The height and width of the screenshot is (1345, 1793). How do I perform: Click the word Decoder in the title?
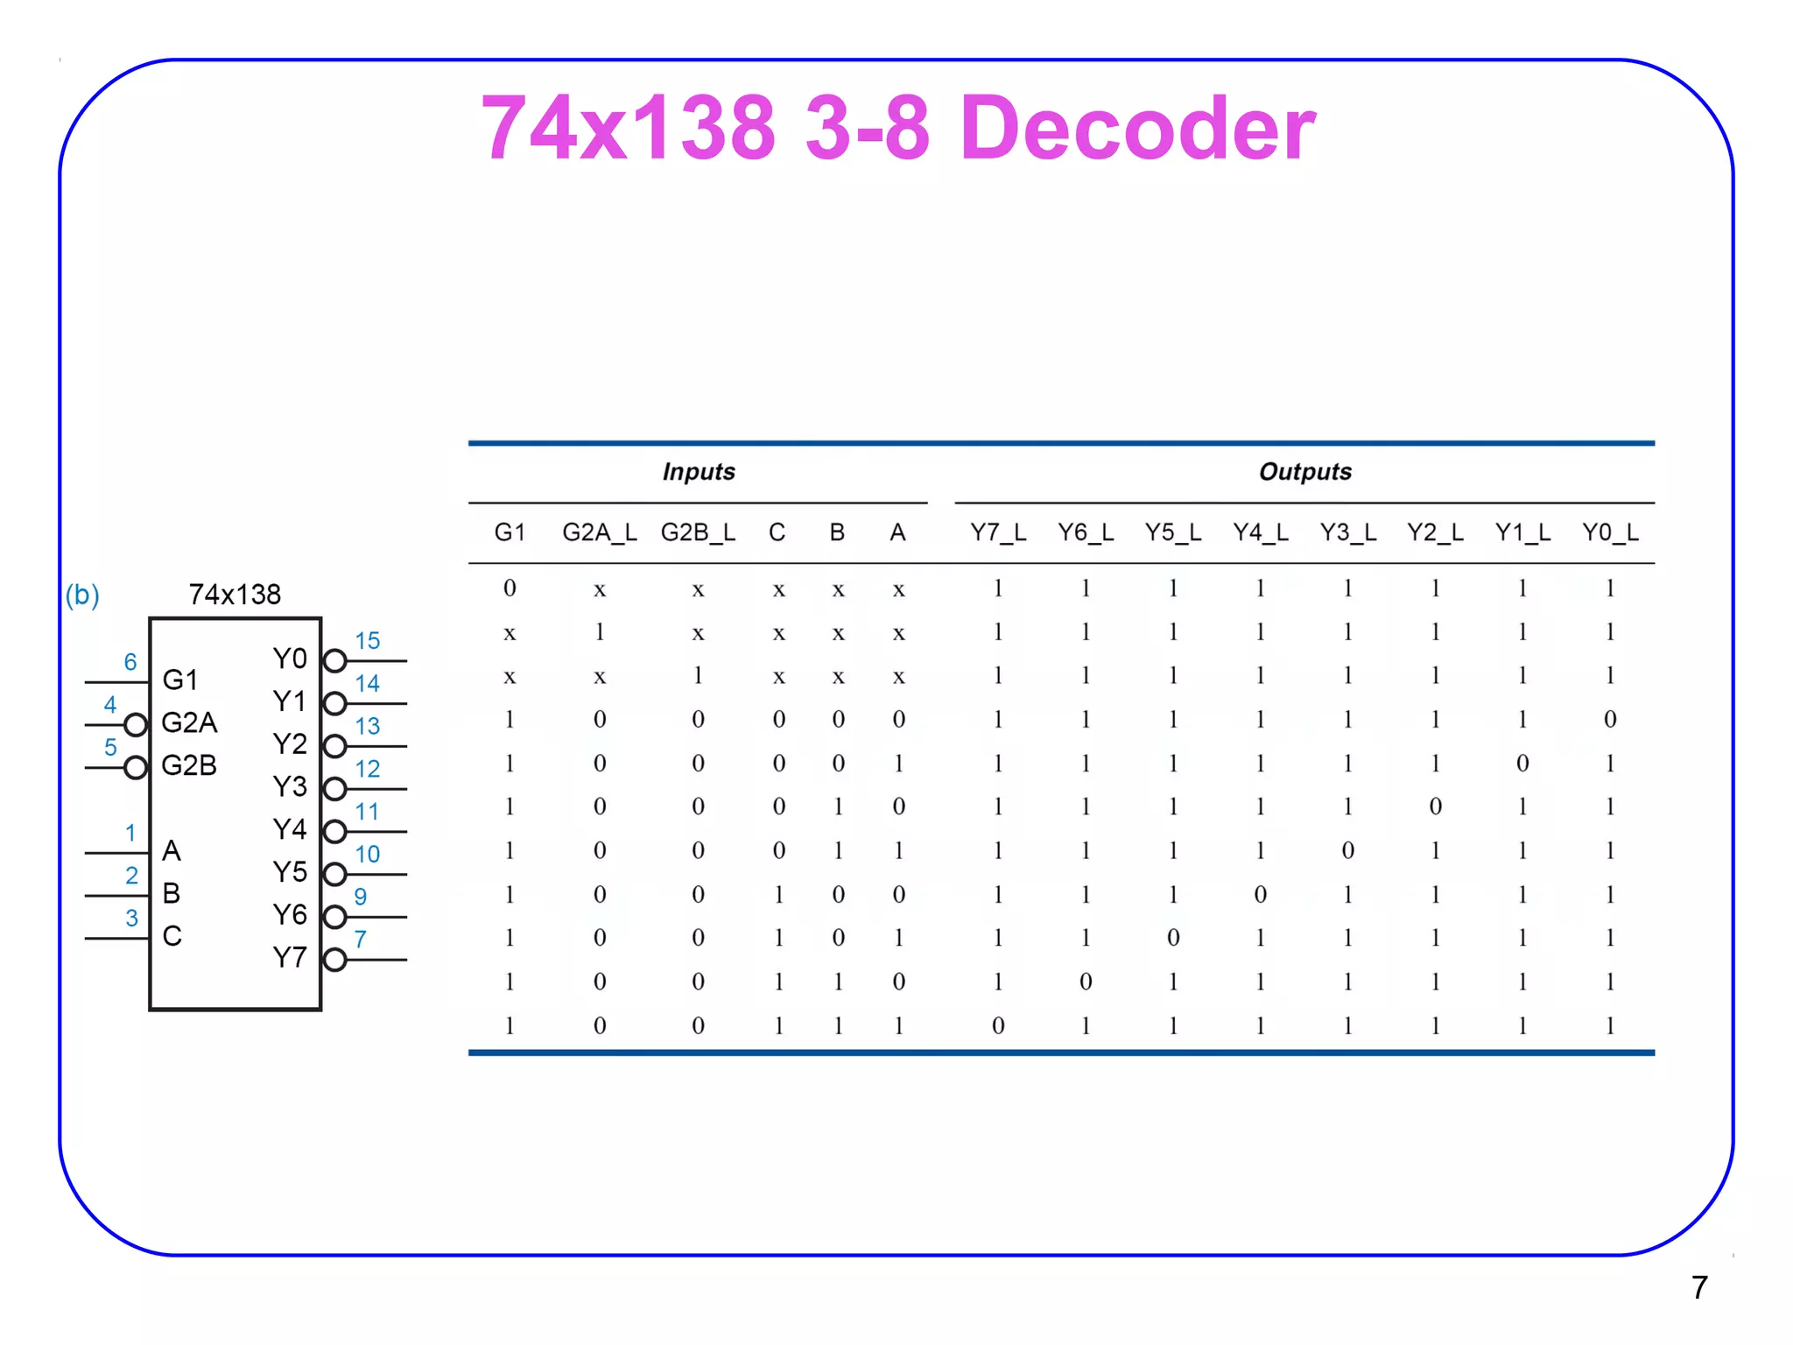(1137, 128)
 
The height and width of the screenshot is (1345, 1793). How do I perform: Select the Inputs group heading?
(698, 472)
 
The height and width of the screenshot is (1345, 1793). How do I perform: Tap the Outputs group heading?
(1304, 472)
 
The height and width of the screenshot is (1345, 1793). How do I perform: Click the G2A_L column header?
(599, 532)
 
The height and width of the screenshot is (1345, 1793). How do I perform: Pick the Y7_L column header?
(997, 532)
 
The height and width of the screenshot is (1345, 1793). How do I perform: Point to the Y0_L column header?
(1609, 532)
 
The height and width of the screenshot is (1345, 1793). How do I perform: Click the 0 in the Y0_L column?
(1609, 720)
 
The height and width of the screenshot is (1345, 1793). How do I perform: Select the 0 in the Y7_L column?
(997, 1025)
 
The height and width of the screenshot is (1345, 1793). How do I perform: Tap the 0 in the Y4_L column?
(1260, 894)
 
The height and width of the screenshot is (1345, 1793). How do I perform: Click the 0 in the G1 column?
(510, 588)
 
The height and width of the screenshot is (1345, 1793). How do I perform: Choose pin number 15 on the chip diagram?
(367, 641)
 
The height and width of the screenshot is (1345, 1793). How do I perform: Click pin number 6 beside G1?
(130, 662)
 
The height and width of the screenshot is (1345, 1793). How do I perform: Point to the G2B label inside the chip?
(189, 765)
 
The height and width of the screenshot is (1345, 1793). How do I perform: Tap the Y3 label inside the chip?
(290, 786)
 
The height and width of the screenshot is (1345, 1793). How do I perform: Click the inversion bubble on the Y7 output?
(334, 960)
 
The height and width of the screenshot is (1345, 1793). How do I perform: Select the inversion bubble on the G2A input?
(136, 725)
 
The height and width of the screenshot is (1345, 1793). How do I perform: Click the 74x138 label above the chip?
(235, 595)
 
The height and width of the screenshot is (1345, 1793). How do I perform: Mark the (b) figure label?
(82, 595)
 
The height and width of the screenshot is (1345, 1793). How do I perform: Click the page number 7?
(1698, 1287)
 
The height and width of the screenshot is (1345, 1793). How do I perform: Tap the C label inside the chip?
(172, 936)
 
